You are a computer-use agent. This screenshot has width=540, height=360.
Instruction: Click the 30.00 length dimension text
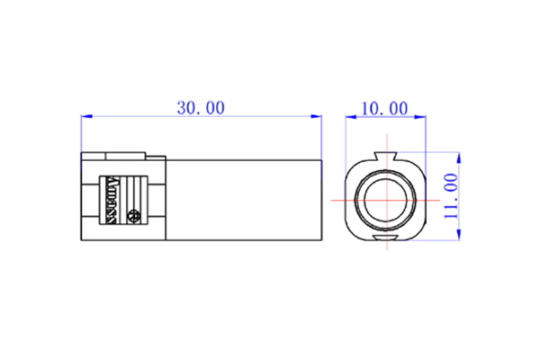coord(201,108)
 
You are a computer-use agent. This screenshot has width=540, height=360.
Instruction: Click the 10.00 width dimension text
coord(384,109)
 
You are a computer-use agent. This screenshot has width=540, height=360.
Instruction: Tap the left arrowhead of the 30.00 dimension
coord(85,116)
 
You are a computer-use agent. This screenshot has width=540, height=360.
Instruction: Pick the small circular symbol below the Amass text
coord(134,216)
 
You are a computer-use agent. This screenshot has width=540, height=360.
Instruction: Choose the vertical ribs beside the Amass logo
coord(136,190)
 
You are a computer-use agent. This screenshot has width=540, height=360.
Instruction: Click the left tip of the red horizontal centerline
coord(332,197)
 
